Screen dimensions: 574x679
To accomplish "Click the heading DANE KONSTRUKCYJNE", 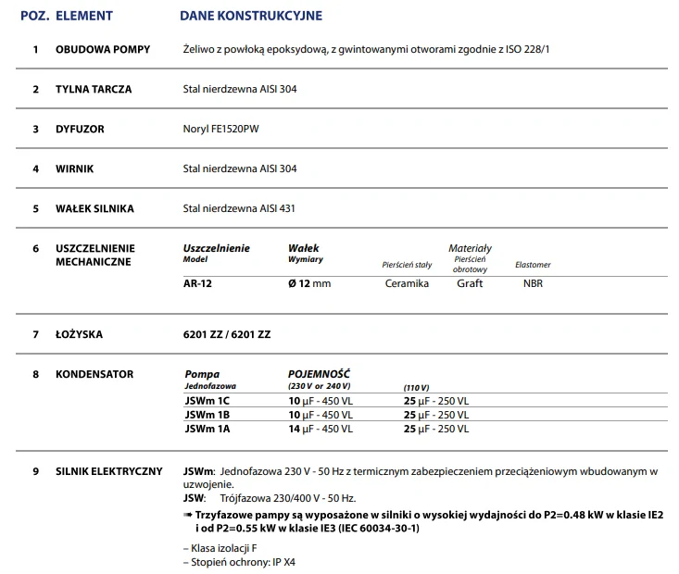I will (251, 16).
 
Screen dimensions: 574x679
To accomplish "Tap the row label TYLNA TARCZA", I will (94, 90).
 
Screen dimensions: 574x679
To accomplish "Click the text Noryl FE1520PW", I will (221, 129).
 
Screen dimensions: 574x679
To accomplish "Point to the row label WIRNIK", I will (75, 169).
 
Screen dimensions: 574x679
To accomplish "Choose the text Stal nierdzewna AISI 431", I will (240, 208).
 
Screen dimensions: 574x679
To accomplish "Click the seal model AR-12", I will (198, 283).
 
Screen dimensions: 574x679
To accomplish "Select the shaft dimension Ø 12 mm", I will (309, 283).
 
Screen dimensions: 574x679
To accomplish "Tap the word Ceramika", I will (407, 283).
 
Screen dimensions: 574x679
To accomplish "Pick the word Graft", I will (470, 283).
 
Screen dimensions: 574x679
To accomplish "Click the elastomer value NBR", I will (533, 283).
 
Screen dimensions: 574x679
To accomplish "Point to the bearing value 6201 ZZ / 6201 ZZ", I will (227, 333).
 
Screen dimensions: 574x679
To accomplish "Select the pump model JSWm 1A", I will (207, 429).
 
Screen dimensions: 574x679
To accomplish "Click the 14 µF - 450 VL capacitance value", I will (321, 429).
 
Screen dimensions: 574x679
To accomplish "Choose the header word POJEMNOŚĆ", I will (320, 374).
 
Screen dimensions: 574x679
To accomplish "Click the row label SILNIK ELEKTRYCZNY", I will (109, 471).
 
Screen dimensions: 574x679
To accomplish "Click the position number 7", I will (35, 333).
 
